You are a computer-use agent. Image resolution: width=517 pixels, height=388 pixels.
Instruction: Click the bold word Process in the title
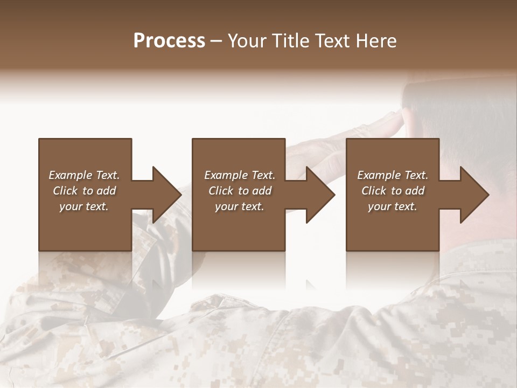pyautogui.click(x=169, y=41)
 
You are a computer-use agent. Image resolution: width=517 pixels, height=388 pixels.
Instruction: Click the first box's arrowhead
pyautogui.click(x=165, y=195)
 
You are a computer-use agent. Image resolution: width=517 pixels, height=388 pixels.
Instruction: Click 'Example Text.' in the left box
pyautogui.click(x=84, y=175)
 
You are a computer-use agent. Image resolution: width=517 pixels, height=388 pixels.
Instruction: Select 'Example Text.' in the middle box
pyautogui.click(x=239, y=175)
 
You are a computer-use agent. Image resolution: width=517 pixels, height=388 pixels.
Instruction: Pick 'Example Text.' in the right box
pyautogui.click(x=393, y=175)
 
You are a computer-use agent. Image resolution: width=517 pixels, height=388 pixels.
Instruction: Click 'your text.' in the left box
pyautogui.click(x=84, y=206)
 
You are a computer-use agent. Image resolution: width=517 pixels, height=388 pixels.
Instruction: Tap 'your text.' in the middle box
pyautogui.click(x=239, y=206)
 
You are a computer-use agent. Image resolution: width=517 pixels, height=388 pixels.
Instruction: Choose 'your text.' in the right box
pyautogui.click(x=393, y=206)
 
